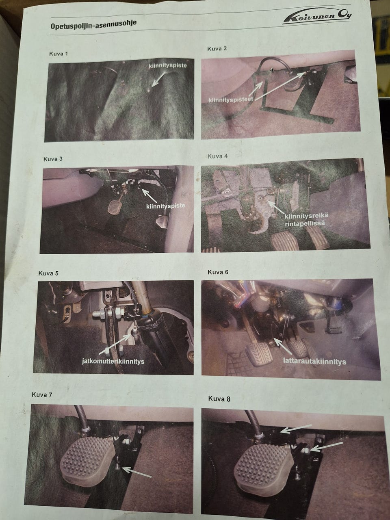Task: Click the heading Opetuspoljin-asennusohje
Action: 93,24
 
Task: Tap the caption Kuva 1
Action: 58,54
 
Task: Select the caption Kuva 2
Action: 217,49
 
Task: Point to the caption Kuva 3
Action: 53,159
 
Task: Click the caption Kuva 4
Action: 217,156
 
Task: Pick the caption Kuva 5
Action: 48,273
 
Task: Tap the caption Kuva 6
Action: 218,272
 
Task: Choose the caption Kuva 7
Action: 42,395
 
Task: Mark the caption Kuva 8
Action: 219,399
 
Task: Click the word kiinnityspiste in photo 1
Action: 168,66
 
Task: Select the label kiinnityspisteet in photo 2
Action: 231,100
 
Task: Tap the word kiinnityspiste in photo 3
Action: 165,206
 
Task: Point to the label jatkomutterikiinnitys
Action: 113,362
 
